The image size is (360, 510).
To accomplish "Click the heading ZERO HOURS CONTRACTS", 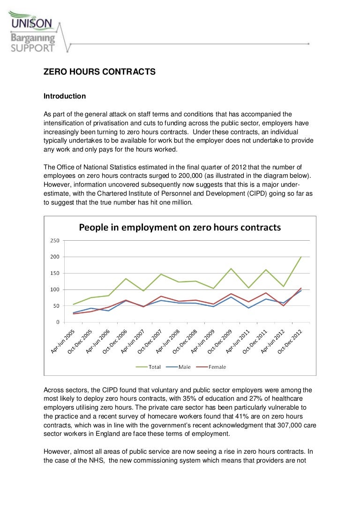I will (99, 72).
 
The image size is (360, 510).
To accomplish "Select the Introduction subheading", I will (65, 96).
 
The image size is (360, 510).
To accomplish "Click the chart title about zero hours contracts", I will (180, 228).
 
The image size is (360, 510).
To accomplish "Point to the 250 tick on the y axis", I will (55, 241).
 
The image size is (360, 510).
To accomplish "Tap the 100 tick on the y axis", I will (55, 289).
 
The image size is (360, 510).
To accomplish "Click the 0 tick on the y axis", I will (57, 322).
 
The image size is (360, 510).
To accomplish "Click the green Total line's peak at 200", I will (301, 257).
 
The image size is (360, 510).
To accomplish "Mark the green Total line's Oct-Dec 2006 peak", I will (126, 279).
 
